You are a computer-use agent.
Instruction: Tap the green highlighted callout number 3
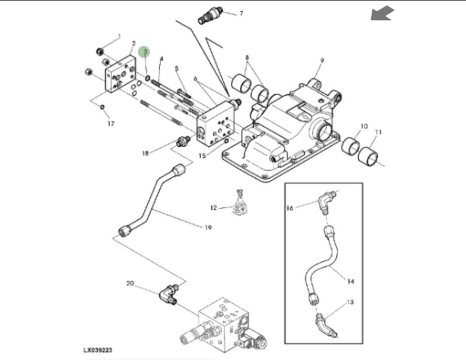click(x=145, y=52)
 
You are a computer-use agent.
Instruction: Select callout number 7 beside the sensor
click(x=241, y=14)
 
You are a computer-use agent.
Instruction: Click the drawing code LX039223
click(x=98, y=350)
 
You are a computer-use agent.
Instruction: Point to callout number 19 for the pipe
click(x=208, y=227)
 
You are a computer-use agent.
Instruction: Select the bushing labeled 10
click(x=350, y=145)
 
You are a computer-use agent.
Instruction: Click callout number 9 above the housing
click(x=322, y=60)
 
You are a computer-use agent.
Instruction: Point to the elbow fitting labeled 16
click(x=327, y=202)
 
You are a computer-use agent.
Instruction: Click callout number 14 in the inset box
click(x=350, y=281)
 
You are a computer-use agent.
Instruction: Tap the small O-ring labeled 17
click(x=102, y=107)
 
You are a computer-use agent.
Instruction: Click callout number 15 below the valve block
click(x=202, y=156)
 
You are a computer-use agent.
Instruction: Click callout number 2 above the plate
click(x=134, y=44)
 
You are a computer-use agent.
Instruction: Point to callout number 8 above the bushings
click(x=247, y=57)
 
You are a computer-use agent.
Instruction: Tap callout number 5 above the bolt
click(x=177, y=69)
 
